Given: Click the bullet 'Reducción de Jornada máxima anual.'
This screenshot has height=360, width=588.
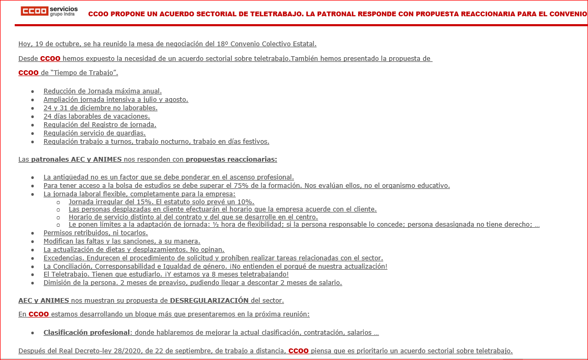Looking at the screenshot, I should click(x=102, y=91).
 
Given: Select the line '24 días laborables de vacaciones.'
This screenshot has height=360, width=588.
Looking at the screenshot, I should click(x=97, y=116).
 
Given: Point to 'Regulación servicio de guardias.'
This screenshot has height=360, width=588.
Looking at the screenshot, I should click(x=94, y=133).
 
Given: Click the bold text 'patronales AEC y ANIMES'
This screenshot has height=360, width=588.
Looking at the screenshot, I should click(x=76, y=159).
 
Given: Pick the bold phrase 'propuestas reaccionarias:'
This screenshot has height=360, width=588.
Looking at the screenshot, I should click(x=231, y=159).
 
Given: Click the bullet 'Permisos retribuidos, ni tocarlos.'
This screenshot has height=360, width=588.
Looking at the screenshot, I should click(x=96, y=232).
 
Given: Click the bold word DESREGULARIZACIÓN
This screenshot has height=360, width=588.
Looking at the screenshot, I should click(x=209, y=300).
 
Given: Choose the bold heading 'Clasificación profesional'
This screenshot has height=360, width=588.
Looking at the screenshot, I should click(x=86, y=332).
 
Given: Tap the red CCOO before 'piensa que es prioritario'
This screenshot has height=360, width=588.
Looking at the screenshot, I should click(x=298, y=351).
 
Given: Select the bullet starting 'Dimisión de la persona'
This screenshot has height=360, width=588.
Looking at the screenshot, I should click(x=193, y=282).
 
